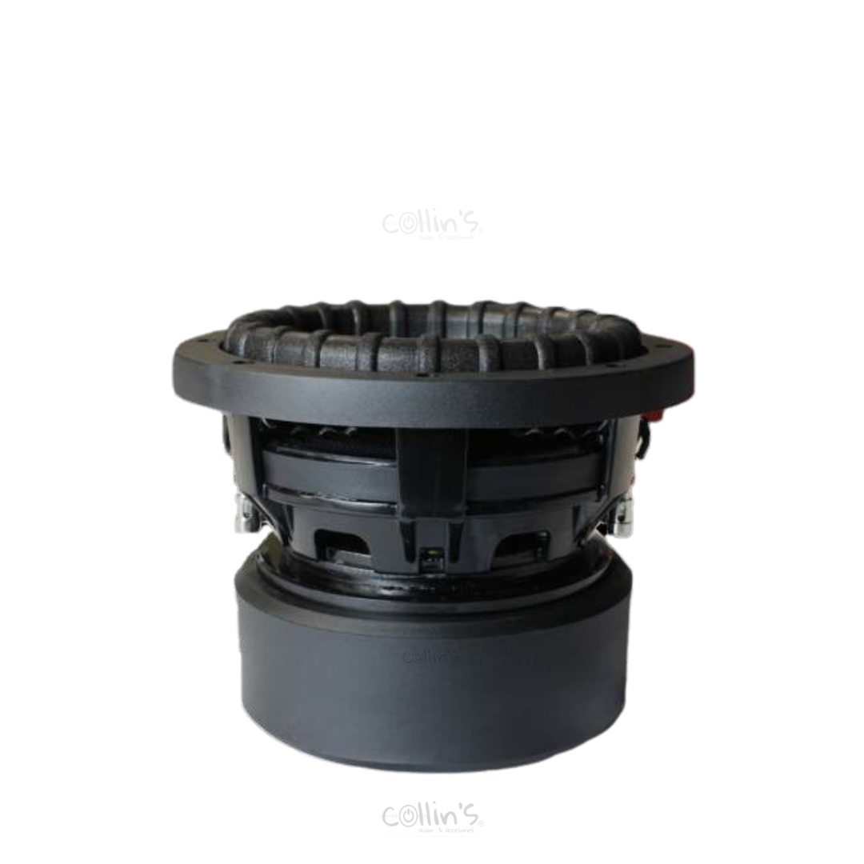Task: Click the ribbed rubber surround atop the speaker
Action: pos(432,336)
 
